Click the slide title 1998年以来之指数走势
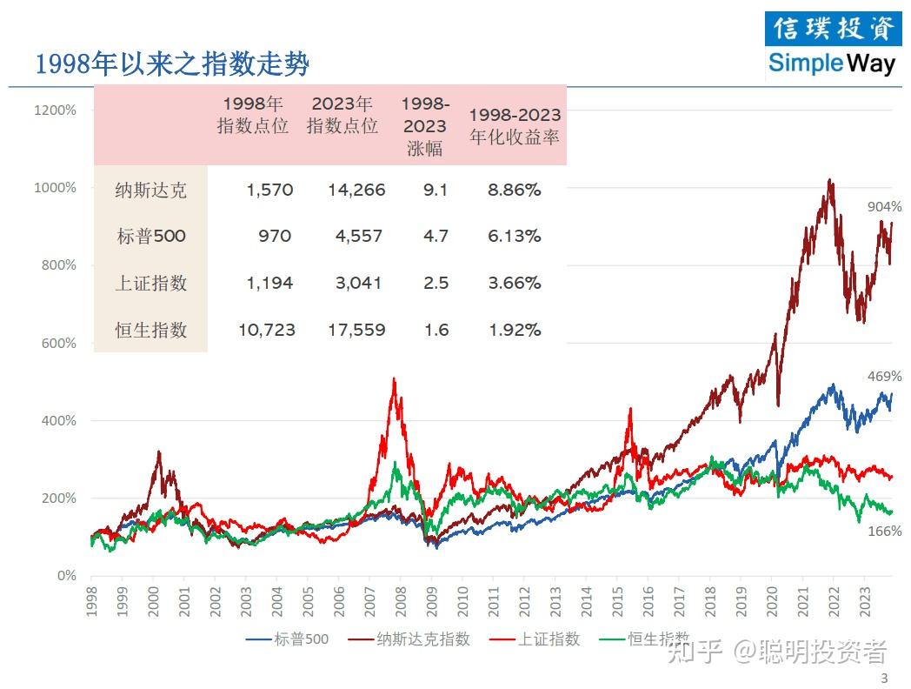point(172,64)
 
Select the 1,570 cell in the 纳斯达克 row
point(269,190)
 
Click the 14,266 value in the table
point(356,190)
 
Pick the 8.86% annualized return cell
point(515,190)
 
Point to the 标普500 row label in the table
point(151,237)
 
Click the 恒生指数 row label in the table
point(151,331)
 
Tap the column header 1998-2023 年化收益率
point(515,126)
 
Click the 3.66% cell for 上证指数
point(515,284)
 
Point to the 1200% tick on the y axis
point(55,110)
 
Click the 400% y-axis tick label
point(59,421)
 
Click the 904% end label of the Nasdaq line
point(884,207)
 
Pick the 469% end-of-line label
point(884,377)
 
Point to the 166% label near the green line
point(884,531)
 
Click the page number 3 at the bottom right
point(884,679)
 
